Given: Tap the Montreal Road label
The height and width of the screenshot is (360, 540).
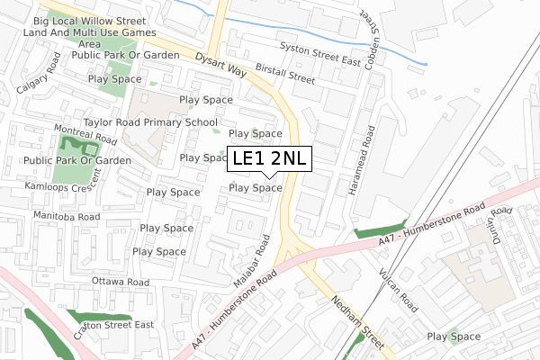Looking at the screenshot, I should pyautogui.click(x=85, y=136).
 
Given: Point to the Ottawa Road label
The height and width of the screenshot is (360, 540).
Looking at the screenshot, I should pyautogui.click(x=121, y=282).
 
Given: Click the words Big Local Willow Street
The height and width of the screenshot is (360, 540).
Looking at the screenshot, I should pyautogui.click(x=89, y=19).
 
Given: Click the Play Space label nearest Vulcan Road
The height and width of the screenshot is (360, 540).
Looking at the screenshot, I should pyautogui.click(x=454, y=337).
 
